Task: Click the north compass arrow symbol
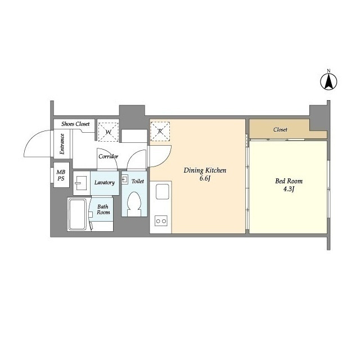click(328, 81)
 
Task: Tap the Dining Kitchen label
click(205, 170)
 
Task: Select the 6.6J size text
click(205, 179)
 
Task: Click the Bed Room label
click(289, 181)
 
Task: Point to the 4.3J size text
click(289, 190)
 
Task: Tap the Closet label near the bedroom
click(280, 130)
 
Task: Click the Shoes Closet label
click(75, 124)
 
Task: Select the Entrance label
click(62, 144)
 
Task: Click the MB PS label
click(61, 175)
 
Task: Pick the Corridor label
click(109, 156)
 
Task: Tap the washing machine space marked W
click(109, 132)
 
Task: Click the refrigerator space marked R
click(160, 131)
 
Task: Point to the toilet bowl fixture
click(134, 204)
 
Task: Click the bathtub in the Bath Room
click(78, 214)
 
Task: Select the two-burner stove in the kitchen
click(161, 221)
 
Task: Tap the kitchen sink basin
click(163, 191)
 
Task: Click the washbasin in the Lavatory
click(80, 183)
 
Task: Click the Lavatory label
click(105, 182)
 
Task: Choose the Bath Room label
click(103, 209)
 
